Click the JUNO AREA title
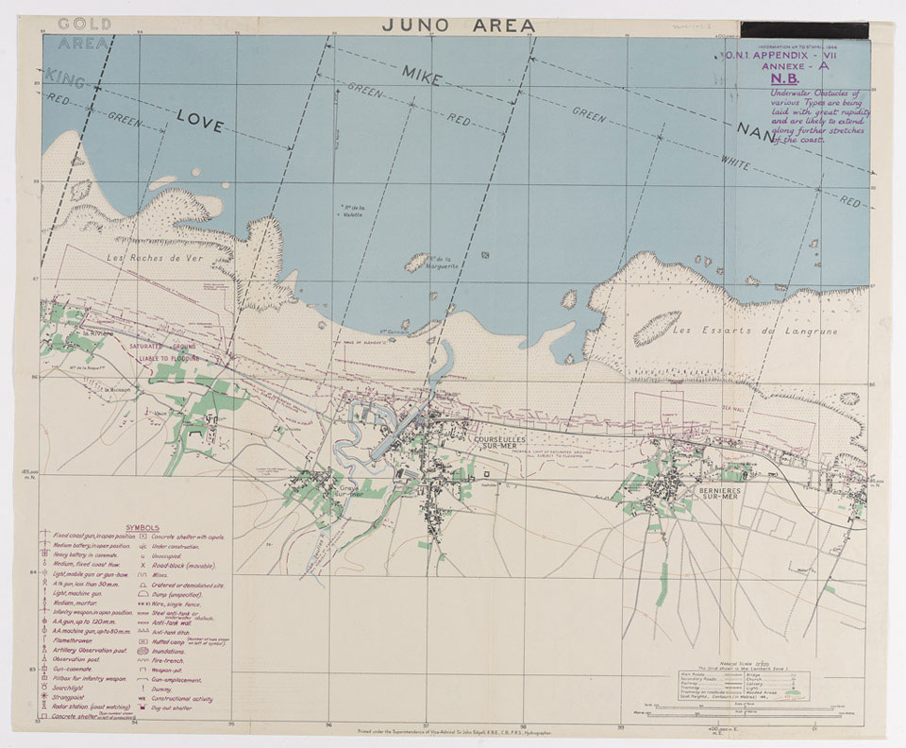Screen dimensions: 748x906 [x=459, y=25]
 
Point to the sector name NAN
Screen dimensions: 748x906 [x=755, y=129]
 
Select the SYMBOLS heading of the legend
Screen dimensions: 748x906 [x=143, y=527]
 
